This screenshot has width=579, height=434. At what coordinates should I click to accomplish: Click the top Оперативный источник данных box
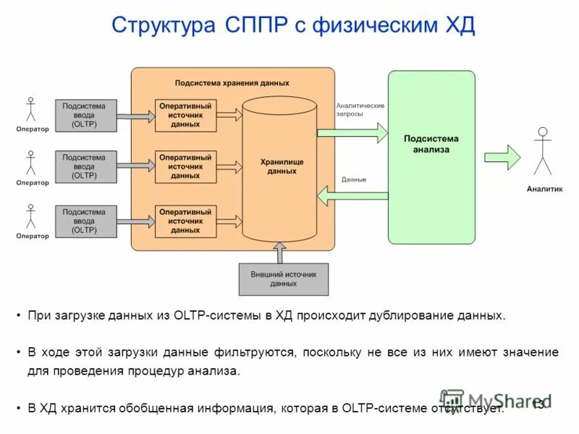point(186,116)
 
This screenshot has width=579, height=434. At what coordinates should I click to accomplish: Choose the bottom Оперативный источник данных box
point(186,221)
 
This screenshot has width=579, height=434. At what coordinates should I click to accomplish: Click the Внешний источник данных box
point(283,279)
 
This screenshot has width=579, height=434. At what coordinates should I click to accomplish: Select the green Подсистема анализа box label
point(431,144)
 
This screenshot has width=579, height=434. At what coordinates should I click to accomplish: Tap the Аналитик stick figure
point(543,151)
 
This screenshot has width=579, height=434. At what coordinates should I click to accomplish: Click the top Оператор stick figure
point(30,109)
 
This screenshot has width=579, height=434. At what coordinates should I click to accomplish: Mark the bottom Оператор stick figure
point(30,216)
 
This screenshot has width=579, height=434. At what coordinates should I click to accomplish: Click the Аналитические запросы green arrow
point(352,132)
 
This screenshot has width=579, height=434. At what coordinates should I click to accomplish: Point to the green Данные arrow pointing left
point(352,194)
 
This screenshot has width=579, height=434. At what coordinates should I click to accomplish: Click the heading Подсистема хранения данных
point(232,83)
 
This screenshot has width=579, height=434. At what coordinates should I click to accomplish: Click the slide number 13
point(538,404)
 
